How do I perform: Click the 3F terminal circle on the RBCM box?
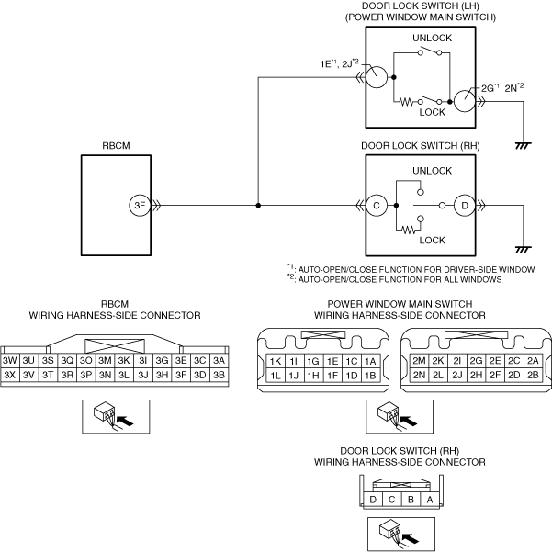point(139,207)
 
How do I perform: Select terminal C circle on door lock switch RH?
point(376,207)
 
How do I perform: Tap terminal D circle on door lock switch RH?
point(465,207)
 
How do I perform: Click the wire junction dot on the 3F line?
point(258,207)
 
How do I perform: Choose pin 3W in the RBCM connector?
point(11,361)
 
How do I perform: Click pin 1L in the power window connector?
point(275,375)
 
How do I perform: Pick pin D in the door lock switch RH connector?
point(374,500)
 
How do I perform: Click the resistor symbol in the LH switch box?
point(403,103)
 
